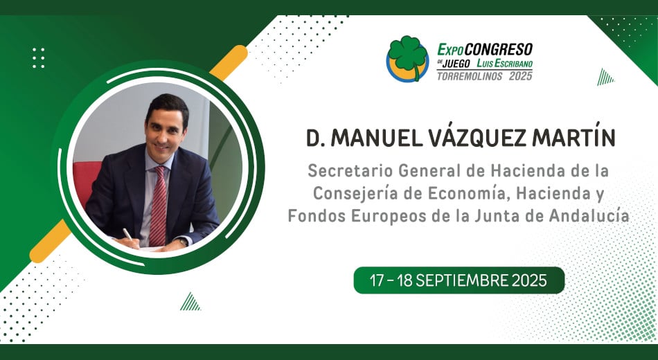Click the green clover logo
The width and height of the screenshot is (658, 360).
click(407, 59)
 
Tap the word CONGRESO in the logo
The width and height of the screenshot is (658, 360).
click(498, 50)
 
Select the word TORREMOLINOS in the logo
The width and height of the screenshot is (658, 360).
click(469, 76)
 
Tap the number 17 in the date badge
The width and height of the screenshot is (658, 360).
click(376, 280)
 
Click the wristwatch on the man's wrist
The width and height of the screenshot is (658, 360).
click(182, 242)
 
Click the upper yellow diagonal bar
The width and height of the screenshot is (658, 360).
click(229, 62)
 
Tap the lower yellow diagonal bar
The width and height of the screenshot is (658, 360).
click(50, 241)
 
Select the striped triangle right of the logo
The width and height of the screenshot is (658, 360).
click(605, 78)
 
